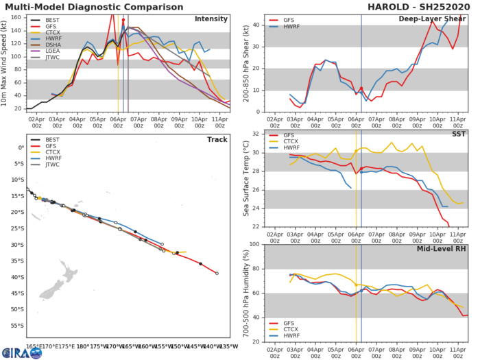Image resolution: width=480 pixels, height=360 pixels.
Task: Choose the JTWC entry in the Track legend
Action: [47, 186]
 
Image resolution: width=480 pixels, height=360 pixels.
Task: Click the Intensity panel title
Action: [212, 19]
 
